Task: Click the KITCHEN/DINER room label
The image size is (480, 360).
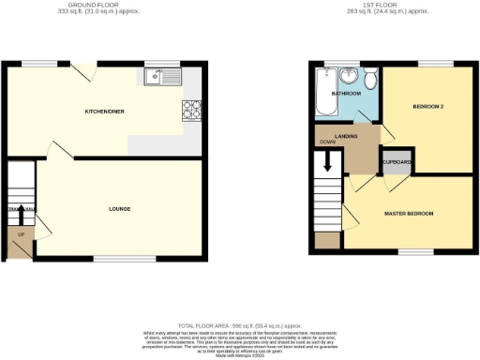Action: (x=105, y=112)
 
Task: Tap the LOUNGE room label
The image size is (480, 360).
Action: (x=119, y=208)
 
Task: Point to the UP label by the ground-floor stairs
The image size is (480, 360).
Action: (x=20, y=234)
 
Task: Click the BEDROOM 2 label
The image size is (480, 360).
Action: (x=427, y=107)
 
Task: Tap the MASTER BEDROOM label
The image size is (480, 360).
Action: (x=410, y=214)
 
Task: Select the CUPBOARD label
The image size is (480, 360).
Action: (x=397, y=162)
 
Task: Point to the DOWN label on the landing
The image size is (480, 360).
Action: (x=327, y=142)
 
